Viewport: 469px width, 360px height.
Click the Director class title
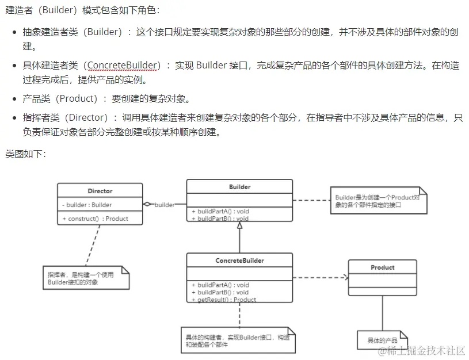point(100,191)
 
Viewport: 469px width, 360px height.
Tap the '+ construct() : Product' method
point(95,219)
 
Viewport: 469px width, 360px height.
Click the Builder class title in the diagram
point(239,187)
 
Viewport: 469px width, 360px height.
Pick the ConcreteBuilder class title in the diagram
point(239,261)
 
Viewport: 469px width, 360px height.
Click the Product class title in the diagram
point(382,267)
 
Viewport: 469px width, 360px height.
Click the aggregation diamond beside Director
point(148,204)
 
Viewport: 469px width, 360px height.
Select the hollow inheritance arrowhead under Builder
point(239,226)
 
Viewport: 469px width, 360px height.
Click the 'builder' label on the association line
point(165,205)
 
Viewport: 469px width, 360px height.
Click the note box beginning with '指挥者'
point(85,278)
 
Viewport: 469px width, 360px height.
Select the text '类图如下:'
point(26,154)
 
